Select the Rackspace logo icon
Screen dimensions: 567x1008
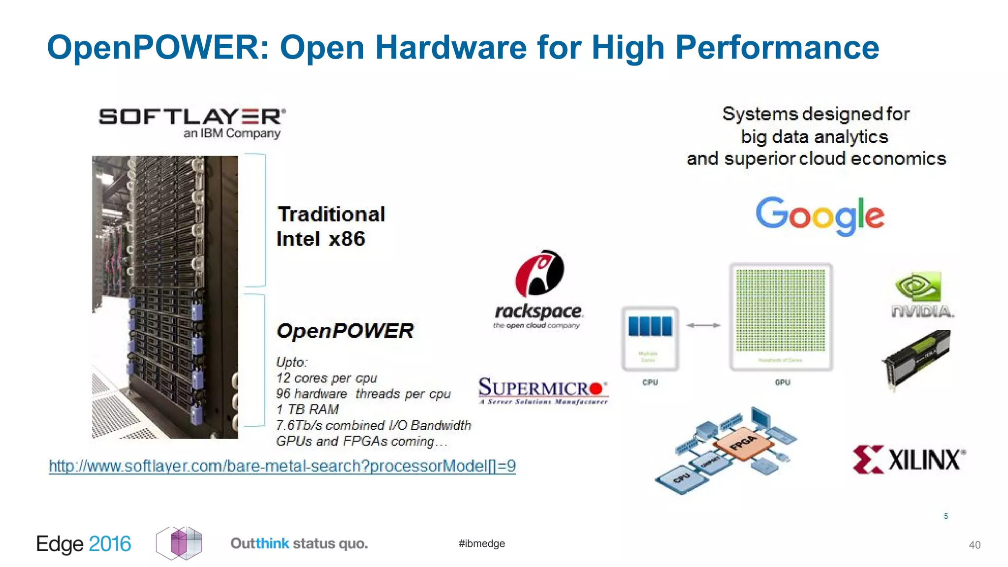[x=539, y=274]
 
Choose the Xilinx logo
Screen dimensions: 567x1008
[x=909, y=460]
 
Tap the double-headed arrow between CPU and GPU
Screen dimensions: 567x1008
[x=703, y=325]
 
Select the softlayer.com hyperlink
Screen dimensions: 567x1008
[x=282, y=466]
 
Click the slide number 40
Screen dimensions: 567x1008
[x=975, y=545]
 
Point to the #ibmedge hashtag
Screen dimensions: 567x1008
[x=481, y=543]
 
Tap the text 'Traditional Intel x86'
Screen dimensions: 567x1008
[x=331, y=226]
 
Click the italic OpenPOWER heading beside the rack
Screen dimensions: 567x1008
[x=345, y=331]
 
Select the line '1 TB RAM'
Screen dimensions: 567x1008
[x=307, y=409]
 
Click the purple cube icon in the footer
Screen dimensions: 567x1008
[x=180, y=543]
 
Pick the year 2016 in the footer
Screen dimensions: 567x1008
[x=110, y=544]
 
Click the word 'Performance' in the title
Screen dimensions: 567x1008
[x=777, y=47]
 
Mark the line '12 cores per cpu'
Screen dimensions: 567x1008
[x=326, y=378]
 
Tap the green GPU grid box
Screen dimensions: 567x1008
[x=781, y=316]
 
